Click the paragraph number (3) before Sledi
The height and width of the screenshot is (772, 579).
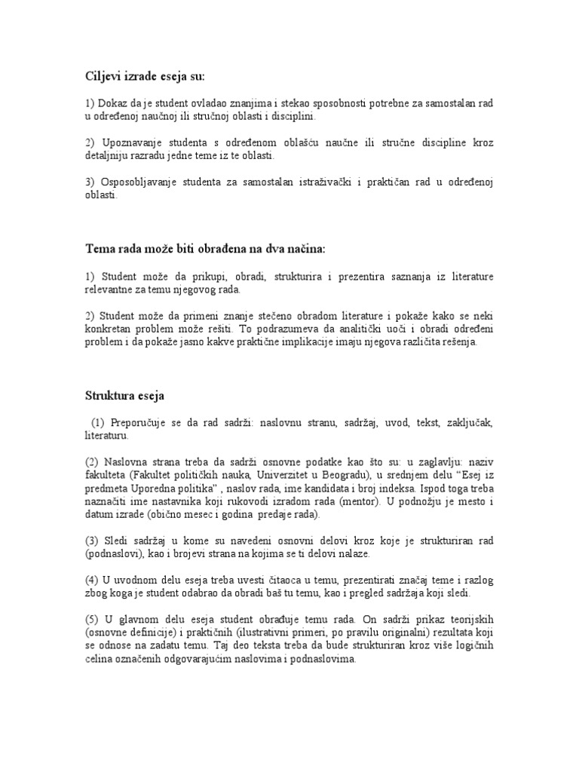pos(92,541)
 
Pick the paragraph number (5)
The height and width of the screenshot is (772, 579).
pos(92,619)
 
